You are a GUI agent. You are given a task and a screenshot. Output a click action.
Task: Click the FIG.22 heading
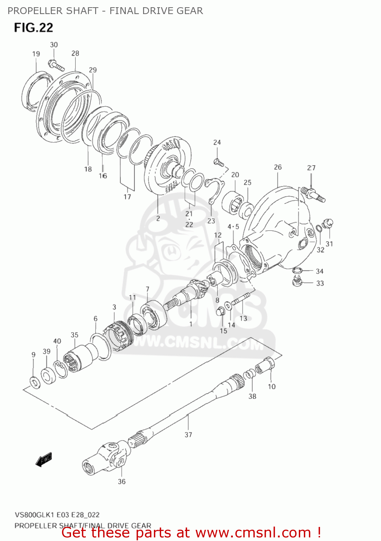[x=34, y=27]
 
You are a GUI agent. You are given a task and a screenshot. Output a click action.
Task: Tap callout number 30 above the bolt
[x=54, y=45]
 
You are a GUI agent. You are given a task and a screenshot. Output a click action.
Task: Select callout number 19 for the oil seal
[x=36, y=54]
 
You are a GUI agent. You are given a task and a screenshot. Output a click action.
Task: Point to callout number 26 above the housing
[x=278, y=167]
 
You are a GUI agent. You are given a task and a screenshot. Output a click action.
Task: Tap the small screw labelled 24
[x=218, y=162]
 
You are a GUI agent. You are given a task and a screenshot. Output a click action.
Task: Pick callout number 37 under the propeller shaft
[x=188, y=435]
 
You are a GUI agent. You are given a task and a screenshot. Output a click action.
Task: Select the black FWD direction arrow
[x=44, y=460]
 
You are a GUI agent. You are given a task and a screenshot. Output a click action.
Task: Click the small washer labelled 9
[x=35, y=382]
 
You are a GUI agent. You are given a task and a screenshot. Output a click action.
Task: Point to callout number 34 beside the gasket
[x=319, y=271]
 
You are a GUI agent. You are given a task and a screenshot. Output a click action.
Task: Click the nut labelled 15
[x=220, y=311]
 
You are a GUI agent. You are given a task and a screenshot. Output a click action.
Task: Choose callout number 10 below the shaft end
[x=271, y=387]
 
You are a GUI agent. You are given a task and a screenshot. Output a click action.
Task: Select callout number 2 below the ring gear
[x=158, y=219]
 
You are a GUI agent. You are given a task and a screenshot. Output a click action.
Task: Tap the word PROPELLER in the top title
[x=30, y=11]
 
